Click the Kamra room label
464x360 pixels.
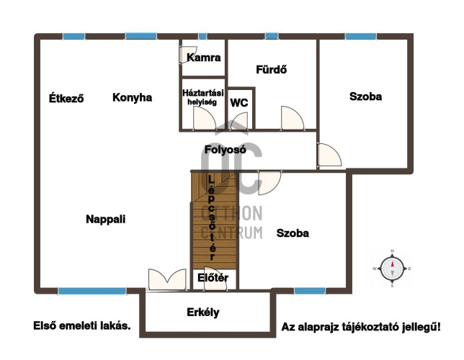(204, 58)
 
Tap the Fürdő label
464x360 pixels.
(271, 70)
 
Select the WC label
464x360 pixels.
(239, 103)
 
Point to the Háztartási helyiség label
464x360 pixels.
(203, 97)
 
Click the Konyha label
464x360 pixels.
(133, 98)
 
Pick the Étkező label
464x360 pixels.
(66, 98)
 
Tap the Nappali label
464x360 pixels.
(106, 220)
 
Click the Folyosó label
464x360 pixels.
(226, 150)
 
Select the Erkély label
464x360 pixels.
(203, 312)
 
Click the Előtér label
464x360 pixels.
(213, 278)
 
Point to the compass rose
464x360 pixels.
(392, 269)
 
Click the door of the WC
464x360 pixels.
(239, 121)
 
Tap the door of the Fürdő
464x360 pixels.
(293, 118)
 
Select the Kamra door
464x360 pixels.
(187, 54)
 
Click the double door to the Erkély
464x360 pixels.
(167, 279)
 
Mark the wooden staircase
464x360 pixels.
(214, 220)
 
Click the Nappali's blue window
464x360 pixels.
(92, 291)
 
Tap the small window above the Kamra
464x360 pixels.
(202, 37)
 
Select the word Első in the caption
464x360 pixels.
(45, 325)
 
